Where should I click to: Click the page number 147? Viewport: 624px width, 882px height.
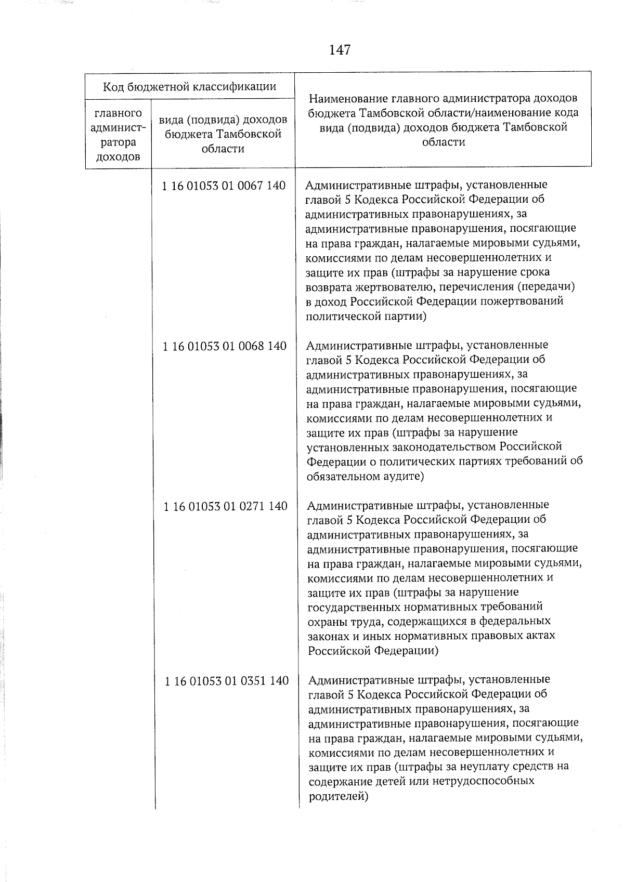click(340, 50)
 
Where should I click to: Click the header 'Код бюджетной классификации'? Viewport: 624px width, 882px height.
click(189, 86)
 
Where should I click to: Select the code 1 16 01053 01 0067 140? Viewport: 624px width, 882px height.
click(224, 186)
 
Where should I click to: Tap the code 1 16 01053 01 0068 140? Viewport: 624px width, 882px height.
click(224, 346)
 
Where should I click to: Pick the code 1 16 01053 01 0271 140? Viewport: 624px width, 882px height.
click(225, 506)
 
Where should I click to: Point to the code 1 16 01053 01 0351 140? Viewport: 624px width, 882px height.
click(226, 680)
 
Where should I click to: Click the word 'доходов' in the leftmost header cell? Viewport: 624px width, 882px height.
click(118, 156)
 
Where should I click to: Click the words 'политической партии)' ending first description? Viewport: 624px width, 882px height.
click(366, 316)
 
